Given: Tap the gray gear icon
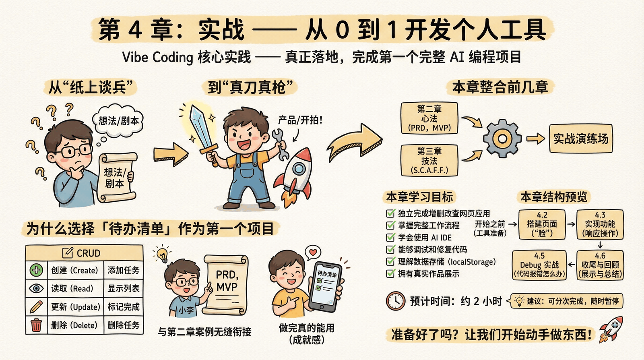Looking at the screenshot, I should pyautogui.click(x=502, y=139).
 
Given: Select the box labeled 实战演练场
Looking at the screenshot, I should pyautogui.click(x=581, y=139).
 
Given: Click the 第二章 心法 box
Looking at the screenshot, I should pyautogui.click(x=429, y=118).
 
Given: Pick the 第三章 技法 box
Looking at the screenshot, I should pyautogui.click(x=429, y=161).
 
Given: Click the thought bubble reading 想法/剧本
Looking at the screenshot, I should pyautogui.click(x=119, y=120).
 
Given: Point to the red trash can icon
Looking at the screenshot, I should pyautogui.click(x=36, y=325).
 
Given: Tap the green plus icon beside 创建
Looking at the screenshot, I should pyautogui.click(x=36, y=270).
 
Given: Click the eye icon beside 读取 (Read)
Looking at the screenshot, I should pyautogui.click(x=36, y=288).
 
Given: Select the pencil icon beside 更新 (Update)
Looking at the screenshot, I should pyautogui.click(x=36, y=307).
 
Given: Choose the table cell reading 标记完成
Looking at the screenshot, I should pyautogui.click(x=123, y=307).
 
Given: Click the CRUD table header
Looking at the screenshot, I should pyautogui.click(x=84, y=253).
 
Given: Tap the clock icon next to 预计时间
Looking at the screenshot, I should pyautogui.click(x=395, y=301).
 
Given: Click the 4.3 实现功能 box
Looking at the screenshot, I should pyautogui.click(x=600, y=224).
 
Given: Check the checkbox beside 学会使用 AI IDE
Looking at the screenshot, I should pyautogui.click(x=390, y=237).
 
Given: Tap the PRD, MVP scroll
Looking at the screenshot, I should pyautogui.click(x=226, y=284).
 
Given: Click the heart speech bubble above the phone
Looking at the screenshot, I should pyautogui.click(x=313, y=252).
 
